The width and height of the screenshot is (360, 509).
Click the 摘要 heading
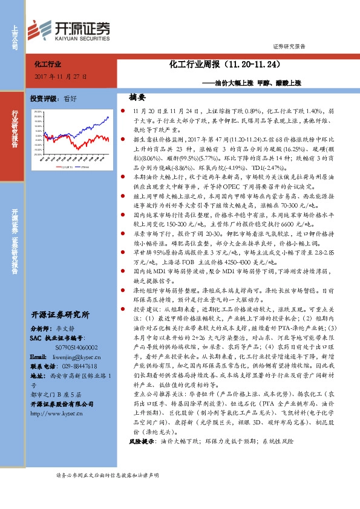coord(137,97)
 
